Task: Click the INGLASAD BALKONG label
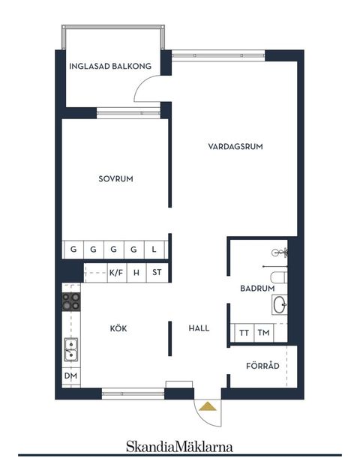pos(110,66)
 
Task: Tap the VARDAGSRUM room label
pos(235,147)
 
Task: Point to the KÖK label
pos(118,328)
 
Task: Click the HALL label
pos(199,328)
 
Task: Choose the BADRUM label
pos(255,288)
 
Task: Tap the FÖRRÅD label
pos(263,366)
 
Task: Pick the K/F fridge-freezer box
pos(116,272)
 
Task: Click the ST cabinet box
pos(157,272)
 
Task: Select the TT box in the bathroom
pos(244,333)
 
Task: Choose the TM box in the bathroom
pos(263,333)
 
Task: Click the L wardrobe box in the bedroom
pos(154,249)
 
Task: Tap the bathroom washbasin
pos(279,304)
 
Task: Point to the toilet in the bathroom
pos(278,280)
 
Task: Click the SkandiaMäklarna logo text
pos(179,445)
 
